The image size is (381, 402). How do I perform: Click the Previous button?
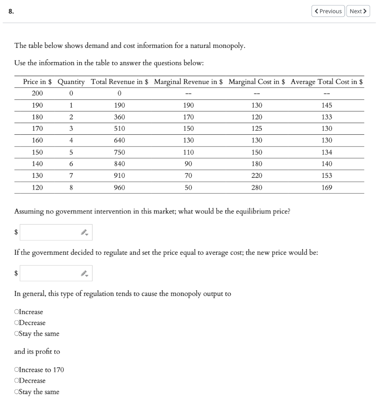pyautogui.click(x=328, y=11)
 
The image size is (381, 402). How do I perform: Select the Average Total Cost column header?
pyautogui.click(x=327, y=82)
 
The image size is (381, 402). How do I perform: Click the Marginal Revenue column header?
pyautogui.click(x=188, y=82)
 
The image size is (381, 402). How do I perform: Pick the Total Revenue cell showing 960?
pyautogui.click(x=119, y=188)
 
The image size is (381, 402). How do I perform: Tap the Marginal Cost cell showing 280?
pyautogui.click(x=257, y=188)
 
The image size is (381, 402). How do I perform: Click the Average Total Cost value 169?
pyautogui.click(x=327, y=188)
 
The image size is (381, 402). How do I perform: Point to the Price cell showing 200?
pyautogui.click(x=37, y=93)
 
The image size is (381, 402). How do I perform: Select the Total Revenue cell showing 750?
pyautogui.click(x=119, y=152)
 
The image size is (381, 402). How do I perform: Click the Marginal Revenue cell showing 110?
pyautogui.click(x=188, y=152)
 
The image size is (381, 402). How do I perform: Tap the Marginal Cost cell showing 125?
pyautogui.click(x=257, y=129)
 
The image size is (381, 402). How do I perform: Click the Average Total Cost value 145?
pyautogui.click(x=327, y=105)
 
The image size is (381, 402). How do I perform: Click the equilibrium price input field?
pyautogui.click(x=49, y=232)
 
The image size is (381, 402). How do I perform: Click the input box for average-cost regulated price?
pyautogui.click(x=49, y=273)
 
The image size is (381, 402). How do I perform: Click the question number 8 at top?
pyautogui.click(x=11, y=11)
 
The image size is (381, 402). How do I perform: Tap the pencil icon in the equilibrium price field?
pyautogui.click(x=84, y=232)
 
